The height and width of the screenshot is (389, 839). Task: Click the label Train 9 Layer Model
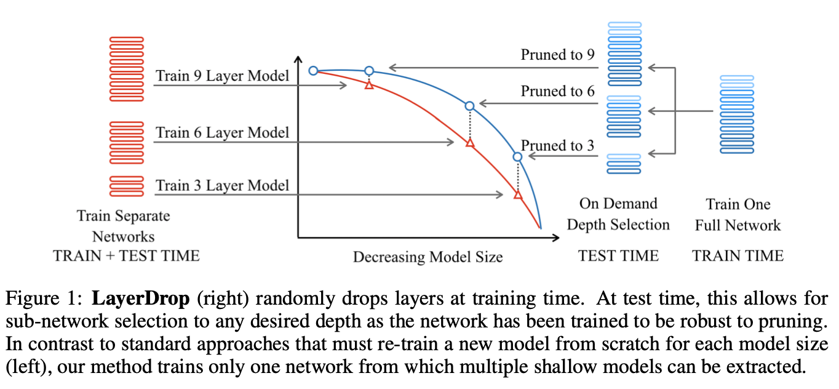(x=222, y=76)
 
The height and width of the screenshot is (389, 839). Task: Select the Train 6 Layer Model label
(x=222, y=132)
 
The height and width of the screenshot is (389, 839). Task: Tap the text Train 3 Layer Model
(x=222, y=185)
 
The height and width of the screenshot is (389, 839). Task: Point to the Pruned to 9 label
(x=558, y=55)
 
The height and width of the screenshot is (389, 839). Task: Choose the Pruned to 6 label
(x=558, y=92)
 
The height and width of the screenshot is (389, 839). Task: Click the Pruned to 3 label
(x=558, y=146)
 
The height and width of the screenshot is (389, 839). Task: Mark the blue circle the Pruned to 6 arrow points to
(x=469, y=106)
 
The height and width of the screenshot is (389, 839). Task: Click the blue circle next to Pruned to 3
(x=517, y=157)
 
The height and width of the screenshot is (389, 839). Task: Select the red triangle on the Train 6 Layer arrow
(x=469, y=143)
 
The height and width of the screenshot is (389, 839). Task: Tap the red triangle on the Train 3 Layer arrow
(x=517, y=195)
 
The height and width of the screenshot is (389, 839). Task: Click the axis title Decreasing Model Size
(x=427, y=257)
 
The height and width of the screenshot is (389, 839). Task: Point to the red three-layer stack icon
(x=126, y=185)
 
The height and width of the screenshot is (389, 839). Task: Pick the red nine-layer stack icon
(x=126, y=69)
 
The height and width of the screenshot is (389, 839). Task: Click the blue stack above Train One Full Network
(x=737, y=114)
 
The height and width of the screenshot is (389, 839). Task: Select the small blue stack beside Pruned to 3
(x=624, y=164)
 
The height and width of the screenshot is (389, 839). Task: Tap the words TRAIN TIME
(x=738, y=256)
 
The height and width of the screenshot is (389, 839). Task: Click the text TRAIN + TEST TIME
(x=126, y=256)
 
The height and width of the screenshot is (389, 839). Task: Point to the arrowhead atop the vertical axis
(x=298, y=60)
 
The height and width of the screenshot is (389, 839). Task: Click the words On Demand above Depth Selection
(x=618, y=204)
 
